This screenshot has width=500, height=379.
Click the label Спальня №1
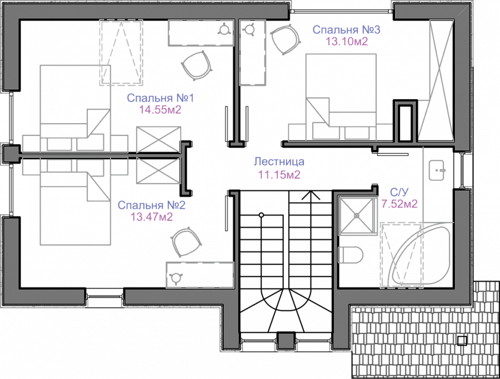pyautogui.click(x=159, y=99)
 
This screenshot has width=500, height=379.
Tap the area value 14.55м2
pyautogui.click(x=160, y=110)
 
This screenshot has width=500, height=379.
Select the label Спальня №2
pyautogui.click(x=151, y=205)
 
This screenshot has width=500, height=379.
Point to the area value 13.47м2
pyautogui.click(x=151, y=216)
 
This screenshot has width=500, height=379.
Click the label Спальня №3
pyautogui.click(x=338, y=29)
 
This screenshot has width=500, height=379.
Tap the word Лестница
pyautogui.click(x=279, y=163)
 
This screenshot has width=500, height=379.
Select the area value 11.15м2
pyautogui.click(x=279, y=175)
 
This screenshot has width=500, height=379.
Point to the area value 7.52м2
pyautogui.click(x=399, y=204)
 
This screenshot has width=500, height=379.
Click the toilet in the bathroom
pyautogui.click(x=351, y=255)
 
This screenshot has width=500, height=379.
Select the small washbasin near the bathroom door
pyautogui.click(x=438, y=170)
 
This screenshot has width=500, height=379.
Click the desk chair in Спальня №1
pyautogui.click(x=197, y=64)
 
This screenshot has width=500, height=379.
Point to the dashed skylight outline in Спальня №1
pyautogui.click(x=121, y=53)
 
